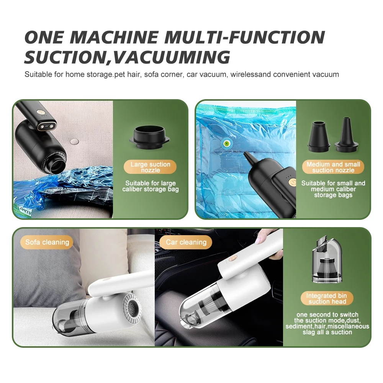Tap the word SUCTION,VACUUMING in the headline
(127, 57)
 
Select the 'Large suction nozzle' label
(150, 167)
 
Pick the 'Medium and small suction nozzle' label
(333, 167)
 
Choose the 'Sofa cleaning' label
(47, 242)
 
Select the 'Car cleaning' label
(186, 242)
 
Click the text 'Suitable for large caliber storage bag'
(150, 186)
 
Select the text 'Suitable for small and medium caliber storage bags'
(333, 189)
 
